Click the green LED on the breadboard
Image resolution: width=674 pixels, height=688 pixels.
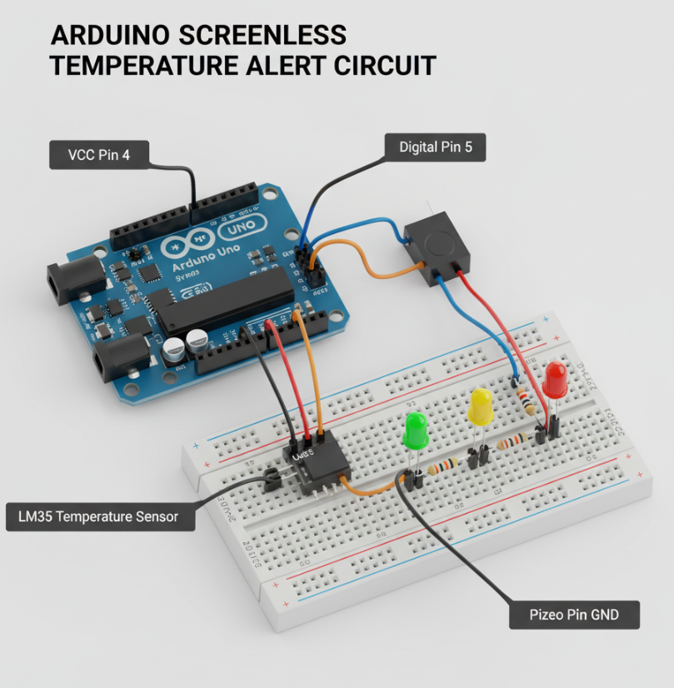pos(415,431)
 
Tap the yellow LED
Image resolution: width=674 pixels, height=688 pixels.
pos(482,406)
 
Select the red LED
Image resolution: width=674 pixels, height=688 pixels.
pos(555,379)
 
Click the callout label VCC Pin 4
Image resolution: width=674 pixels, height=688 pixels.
pos(99,154)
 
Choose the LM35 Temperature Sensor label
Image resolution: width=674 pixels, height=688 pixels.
pos(98,516)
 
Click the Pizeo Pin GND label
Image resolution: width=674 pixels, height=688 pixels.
pos(574,616)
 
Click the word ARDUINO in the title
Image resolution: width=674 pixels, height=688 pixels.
pos(106,35)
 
